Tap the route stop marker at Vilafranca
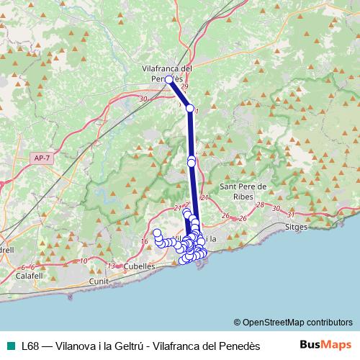point(168,80)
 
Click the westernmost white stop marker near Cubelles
point(156,232)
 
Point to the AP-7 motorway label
point(42,158)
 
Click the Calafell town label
point(30,275)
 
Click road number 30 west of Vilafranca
point(143,99)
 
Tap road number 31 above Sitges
point(292,214)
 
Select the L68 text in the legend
point(30,346)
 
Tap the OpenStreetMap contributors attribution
point(293,323)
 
